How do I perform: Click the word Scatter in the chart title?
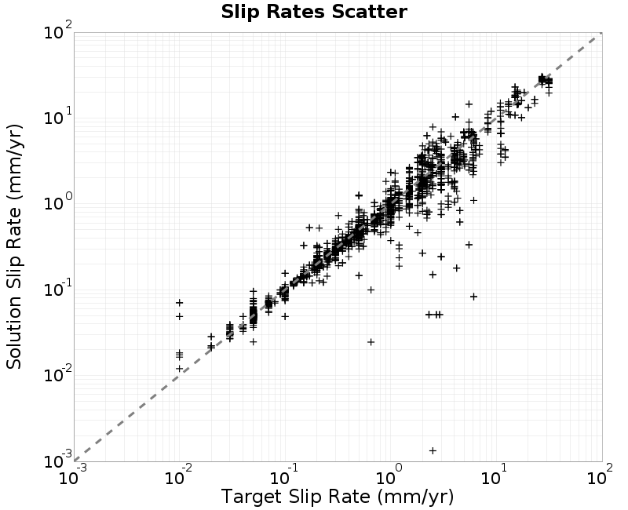369,12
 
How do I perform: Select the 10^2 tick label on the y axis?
58,31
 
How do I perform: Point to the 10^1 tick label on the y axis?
58,116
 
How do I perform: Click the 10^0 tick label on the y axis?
58,202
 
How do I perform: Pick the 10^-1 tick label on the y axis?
58,288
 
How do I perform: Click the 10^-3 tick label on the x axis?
72,475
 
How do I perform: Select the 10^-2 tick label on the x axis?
179,475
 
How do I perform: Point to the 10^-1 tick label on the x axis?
284,475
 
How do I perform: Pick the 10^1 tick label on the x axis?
495,475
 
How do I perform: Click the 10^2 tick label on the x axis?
600,475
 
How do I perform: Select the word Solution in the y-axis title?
13,337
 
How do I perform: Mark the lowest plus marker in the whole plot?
433,450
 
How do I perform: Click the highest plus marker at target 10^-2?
180,302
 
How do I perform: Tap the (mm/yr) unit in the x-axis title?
416,497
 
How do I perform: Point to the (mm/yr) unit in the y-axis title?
14,163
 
